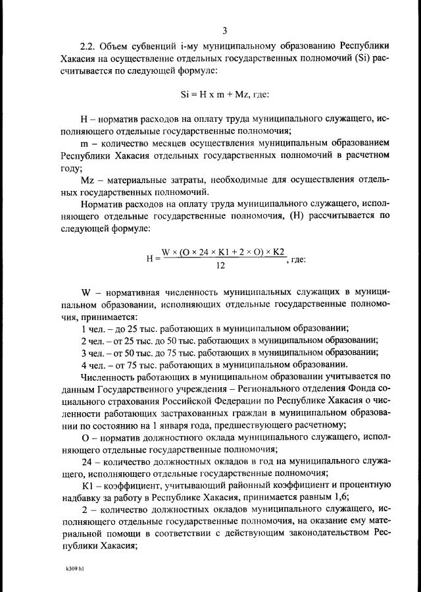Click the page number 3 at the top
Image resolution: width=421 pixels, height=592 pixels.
click(224, 31)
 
